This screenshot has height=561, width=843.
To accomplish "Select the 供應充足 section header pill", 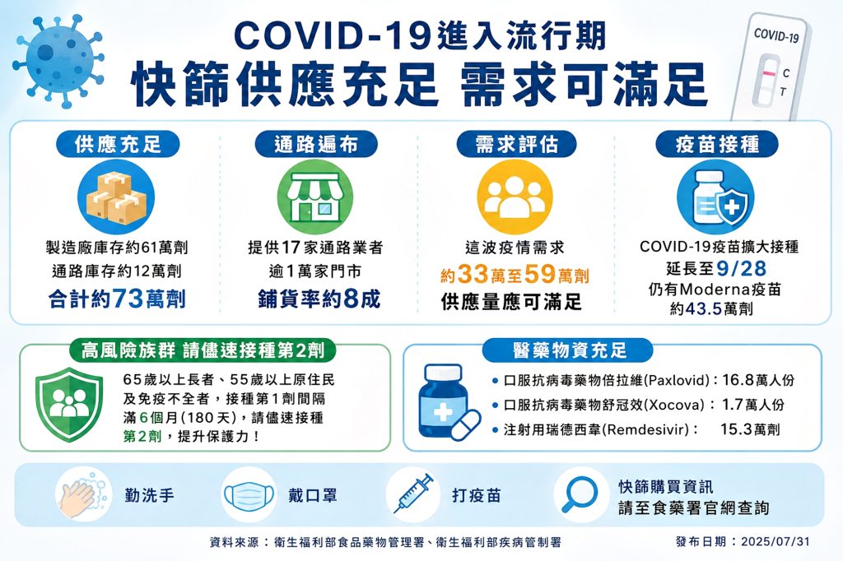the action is [x=119, y=145].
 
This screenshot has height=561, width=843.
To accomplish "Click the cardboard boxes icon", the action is [x=116, y=197].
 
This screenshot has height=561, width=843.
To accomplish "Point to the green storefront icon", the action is [x=315, y=197].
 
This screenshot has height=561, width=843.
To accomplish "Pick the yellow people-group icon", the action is [x=515, y=197].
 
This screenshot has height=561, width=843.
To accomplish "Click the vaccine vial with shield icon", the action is [x=715, y=197].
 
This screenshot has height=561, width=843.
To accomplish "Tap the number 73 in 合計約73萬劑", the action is [x=128, y=299].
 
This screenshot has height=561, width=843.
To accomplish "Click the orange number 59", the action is [x=539, y=274].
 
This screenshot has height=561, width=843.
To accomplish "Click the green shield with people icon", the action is [x=69, y=404].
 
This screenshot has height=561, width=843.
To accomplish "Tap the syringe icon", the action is [x=413, y=494].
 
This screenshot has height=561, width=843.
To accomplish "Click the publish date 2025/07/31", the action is [x=775, y=541].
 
